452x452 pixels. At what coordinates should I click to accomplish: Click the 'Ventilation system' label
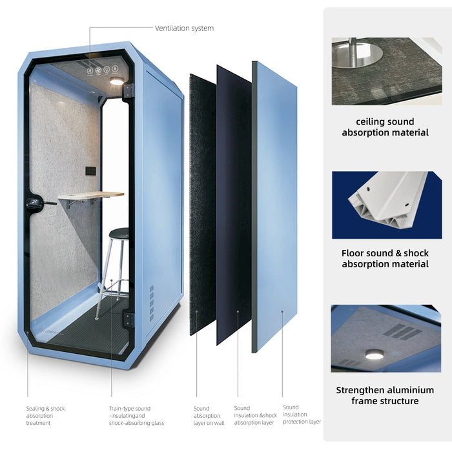coord(184,28)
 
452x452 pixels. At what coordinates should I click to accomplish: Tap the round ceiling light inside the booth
coord(117,81)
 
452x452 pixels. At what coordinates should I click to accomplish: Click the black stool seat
coord(119,232)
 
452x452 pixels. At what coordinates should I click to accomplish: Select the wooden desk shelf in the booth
coord(91,195)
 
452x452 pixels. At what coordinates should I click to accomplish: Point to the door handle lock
coord(35,202)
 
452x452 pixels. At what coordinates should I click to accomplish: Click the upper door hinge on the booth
coord(129,91)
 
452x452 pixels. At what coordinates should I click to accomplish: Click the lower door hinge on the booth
coord(129,320)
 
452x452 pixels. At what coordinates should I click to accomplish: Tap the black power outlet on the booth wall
coord(91,170)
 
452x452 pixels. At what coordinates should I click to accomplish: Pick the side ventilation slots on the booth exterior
coord(151,303)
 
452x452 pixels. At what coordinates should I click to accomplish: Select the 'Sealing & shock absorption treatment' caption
coord(46,416)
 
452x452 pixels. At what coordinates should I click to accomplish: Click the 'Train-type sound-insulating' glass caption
coord(136,416)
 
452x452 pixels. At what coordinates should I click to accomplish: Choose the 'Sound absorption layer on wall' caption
coord(209,416)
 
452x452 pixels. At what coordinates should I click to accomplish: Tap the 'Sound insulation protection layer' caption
coord(302,415)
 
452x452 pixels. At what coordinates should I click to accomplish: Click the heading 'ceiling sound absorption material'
coord(385,127)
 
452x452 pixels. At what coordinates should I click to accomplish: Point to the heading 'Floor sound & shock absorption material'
coord(385,258)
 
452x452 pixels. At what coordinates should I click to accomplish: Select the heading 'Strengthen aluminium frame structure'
coord(385,395)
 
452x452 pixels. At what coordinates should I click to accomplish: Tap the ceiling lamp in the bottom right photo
coord(375,354)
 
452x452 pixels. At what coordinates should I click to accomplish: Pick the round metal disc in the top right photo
coord(358,54)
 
